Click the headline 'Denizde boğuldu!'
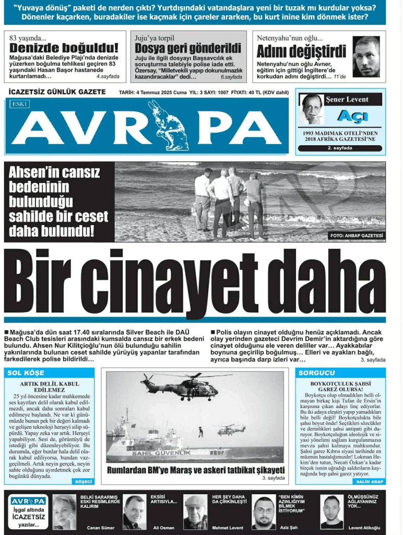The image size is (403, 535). click(64, 49)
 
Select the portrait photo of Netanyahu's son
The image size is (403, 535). click(365, 56)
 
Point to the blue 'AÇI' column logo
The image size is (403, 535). click(352, 116)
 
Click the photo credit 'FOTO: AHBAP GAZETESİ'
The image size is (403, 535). click(357, 236)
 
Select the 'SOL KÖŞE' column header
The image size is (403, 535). click(26, 373)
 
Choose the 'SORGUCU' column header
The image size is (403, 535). click(316, 373)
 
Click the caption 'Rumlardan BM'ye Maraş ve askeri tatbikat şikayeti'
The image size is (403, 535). click(195, 470)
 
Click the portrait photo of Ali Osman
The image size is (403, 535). click(134, 512)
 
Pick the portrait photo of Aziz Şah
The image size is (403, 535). click(264, 512)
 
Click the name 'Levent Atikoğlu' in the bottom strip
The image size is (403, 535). click(364, 527)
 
